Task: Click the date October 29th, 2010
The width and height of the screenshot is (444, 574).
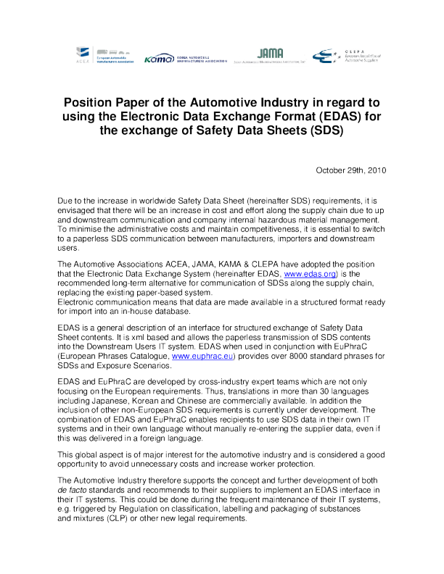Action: pos(350,171)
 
